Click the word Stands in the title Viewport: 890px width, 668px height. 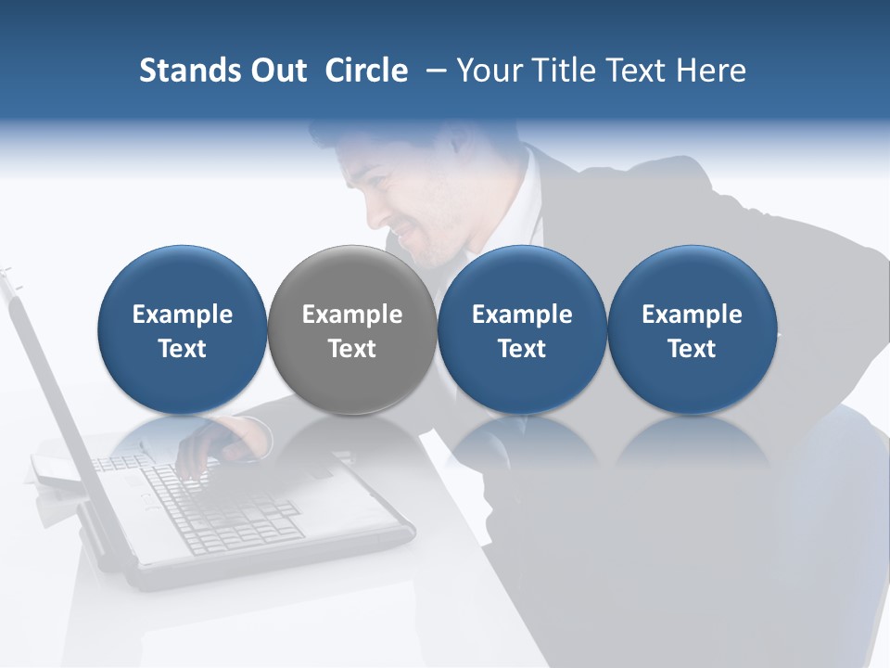pos(188,71)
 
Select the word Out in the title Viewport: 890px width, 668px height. pos(276,71)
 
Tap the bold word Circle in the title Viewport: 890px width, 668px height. pos(366,71)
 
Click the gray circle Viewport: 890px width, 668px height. pos(352,329)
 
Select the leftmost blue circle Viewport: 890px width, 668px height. pos(183,329)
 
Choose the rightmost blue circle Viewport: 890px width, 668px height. pos(692,329)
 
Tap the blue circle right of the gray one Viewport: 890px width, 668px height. pos(522,329)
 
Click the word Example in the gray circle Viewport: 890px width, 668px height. pos(352,315)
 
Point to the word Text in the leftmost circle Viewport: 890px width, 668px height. pos(183,349)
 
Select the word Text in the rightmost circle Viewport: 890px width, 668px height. pos(692,349)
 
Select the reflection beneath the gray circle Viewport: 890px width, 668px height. pos(352,441)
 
